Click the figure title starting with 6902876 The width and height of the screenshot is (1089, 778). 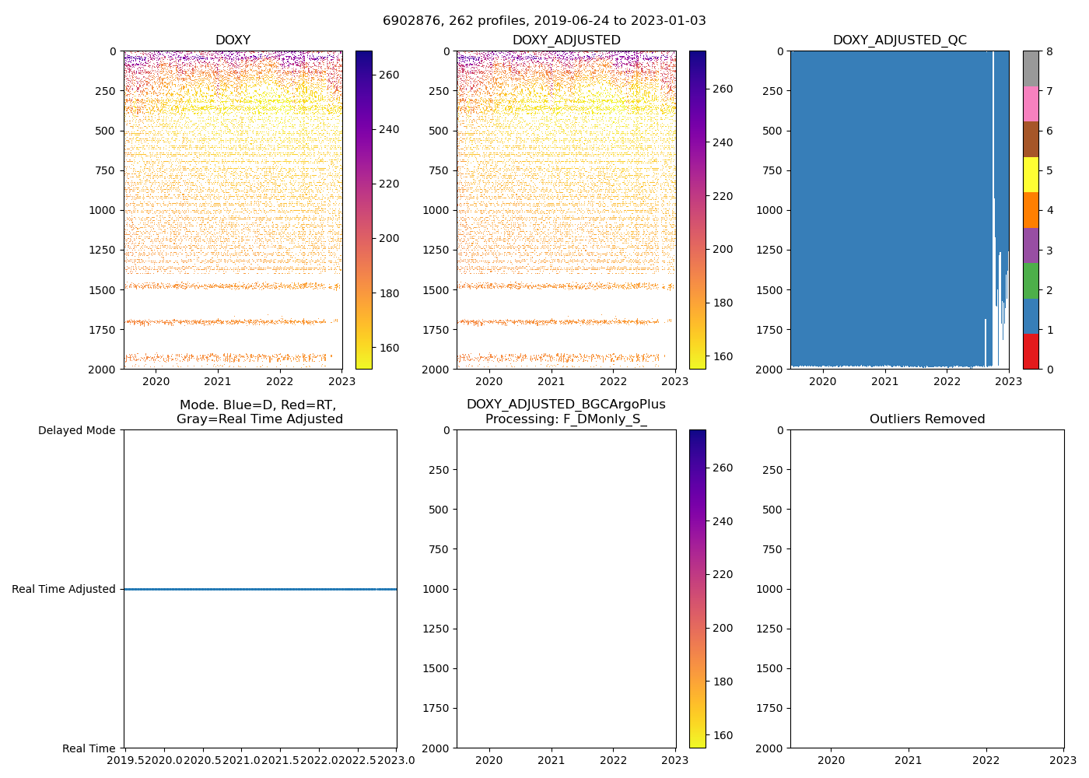pos(544,21)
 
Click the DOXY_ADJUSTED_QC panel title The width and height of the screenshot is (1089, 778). pos(899,40)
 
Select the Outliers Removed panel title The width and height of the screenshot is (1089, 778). pos(926,419)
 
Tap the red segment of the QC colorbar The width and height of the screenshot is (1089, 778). pos(1031,351)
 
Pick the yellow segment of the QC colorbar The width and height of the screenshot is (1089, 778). pos(1031,174)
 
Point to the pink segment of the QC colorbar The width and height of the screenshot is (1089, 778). pos(1031,103)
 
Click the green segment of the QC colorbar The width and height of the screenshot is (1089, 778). pos(1031,280)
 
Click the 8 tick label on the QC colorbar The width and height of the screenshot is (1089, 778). pos(1049,52)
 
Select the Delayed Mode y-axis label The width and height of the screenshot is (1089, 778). pos(76,430)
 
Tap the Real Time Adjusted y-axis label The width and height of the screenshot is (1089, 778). pos(64,590)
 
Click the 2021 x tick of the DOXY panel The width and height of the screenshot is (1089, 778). pos(218,381)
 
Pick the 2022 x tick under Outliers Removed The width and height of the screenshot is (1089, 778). pos(986,760)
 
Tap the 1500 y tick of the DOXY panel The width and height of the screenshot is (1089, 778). pos(102,290)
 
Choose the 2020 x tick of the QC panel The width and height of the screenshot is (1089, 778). pos(822,381)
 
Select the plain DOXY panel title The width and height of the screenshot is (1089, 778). pos(233,40)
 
